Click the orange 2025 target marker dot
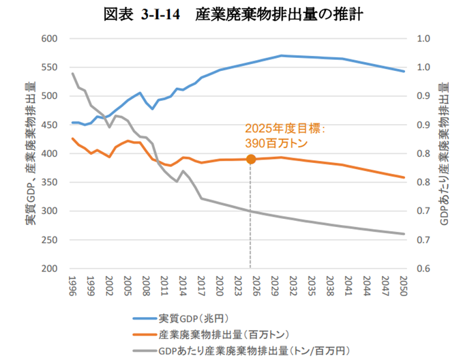[250, 159]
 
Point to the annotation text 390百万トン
[276, 143]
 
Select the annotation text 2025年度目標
[285, 128]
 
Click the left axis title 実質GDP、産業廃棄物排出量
[30, 153]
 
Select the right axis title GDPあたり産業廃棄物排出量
[445, 153]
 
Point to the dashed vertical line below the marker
[250, 218]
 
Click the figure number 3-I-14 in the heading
[162, 14]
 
